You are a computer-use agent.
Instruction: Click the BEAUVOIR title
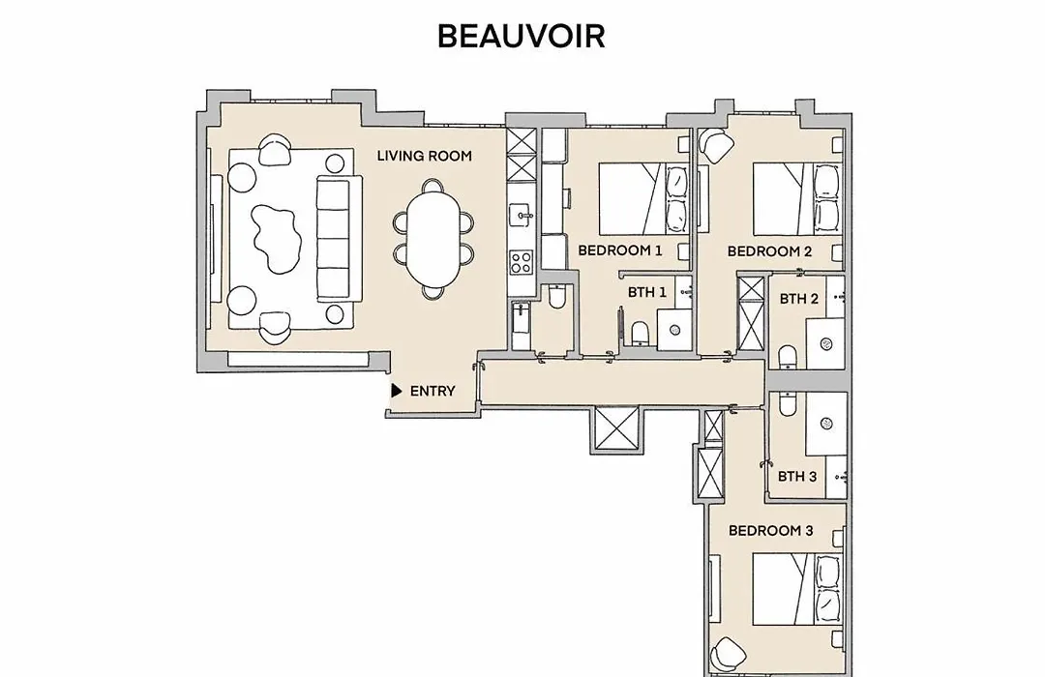(x=522, y=36)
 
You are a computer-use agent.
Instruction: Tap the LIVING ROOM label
(x=425, y=156)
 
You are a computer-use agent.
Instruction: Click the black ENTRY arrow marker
(x=397, y=391)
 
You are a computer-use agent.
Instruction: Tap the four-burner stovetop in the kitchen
(x=522, y=262)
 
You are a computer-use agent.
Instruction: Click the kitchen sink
(x=522, y=216)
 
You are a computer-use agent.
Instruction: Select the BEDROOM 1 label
(x=620, y=250)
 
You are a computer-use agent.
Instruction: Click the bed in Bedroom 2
(x=797, y=199)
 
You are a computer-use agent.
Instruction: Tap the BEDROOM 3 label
(x=770, y=530)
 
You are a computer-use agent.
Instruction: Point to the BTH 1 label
(x=646, y=292)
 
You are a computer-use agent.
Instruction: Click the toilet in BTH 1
(x=640, y=333)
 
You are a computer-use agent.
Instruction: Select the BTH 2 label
(x=798, y=299)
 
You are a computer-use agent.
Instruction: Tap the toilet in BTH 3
(x=787, y=404)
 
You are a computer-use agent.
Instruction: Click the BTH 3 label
(x=797, y=477)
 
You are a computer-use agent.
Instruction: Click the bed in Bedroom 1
(x=643, y=198)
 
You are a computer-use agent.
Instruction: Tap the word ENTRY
(x=433, y=391)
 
